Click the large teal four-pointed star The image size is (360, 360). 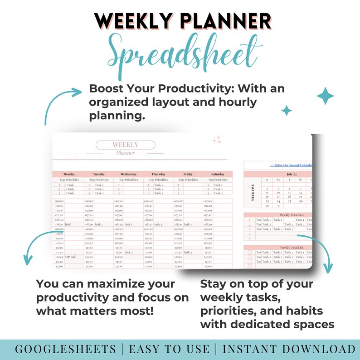[x=326, y=96]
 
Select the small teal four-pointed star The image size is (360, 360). [x=287, y=110]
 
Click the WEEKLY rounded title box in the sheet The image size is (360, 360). [x=126, y=145]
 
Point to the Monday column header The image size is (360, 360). [x=69, y=174]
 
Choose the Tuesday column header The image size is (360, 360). [x=98, y=174]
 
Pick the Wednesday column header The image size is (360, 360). [x=128, y=174]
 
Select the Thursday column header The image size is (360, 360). [x=158, y=174]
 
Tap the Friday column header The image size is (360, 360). [x=188, y=174]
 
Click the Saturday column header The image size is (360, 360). [x=218, y=174]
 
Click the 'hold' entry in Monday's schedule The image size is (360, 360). [x=68, y=224]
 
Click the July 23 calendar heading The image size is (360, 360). [x=292, y=174]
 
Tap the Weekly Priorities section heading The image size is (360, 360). [x=292, y=215]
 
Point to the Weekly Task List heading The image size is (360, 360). [x=292, y=248]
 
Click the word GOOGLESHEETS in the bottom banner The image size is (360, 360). [x=65, y=349]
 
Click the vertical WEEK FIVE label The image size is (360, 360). [x=253, y=192]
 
